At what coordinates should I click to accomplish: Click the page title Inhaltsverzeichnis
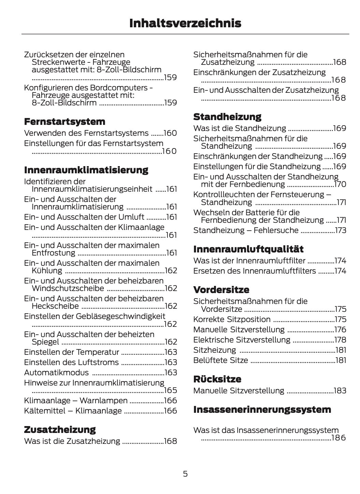point(185,23)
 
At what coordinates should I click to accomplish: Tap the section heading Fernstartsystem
point(64,122)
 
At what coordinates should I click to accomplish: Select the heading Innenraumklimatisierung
point(86,170)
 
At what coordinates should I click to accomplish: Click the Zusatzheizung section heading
point(60,430)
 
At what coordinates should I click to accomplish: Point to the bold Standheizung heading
point(227,117)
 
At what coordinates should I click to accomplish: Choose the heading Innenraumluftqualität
point(248,249)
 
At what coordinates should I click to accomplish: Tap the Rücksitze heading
point(217,379)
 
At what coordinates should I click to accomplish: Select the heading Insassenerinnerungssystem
point(262,409)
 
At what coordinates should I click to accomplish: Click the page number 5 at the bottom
point(185,474)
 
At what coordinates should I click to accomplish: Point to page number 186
point(339,438)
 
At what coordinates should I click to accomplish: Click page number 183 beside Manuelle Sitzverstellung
point(340,391)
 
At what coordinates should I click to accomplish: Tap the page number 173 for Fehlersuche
point(341,231)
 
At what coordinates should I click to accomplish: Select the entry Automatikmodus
point(56,373)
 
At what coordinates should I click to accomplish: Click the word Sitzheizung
point(214,350)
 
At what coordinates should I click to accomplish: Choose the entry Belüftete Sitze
point(220,360)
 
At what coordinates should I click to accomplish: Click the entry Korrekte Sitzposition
point(232,320)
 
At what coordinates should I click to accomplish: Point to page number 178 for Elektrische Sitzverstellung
point(340,340)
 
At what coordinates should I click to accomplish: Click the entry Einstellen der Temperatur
point(71,352)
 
